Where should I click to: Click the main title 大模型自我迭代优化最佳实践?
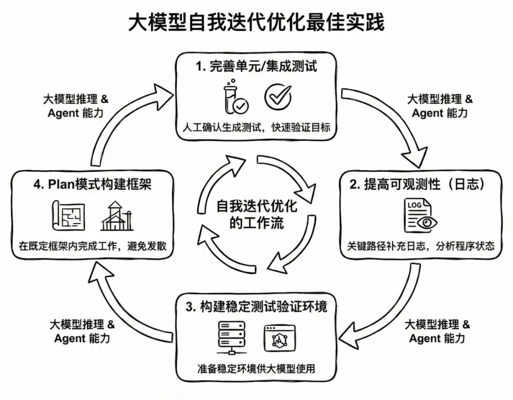(x=256, y=22)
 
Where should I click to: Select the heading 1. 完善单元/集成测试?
(x=256, y=66)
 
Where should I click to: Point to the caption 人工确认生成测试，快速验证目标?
(x=256, y=128)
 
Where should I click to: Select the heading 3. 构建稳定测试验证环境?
(x=256, y=307)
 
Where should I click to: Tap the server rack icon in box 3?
(x=231, y=337)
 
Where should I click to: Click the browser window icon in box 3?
(x=279, y=338)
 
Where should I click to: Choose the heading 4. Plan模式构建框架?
(x=92, y=185)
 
